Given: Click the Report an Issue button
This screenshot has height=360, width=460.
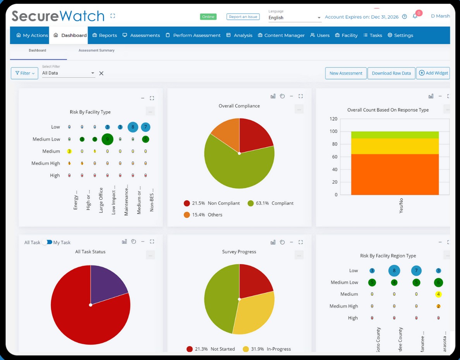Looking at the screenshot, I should pyautogui.click(x=243, y=17).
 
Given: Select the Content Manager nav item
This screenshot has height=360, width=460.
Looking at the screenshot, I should pyautogui.click(x=281, y=35).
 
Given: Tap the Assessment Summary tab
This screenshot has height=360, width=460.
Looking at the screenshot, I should pyautogui.click(x=96, y=50).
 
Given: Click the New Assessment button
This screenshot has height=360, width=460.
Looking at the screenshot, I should pyautogui.click(x=346, y=73).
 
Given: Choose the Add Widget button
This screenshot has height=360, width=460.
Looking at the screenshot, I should pyautogui.click(x=433, y=73).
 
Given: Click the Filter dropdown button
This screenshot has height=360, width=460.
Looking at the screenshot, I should pyautogui.click(x=24, y=73).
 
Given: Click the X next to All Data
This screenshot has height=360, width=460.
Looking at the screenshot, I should pyautogui.click(x=101, y=73).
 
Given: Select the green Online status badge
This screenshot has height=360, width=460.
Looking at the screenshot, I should pyautogui.click(x=208, y=17).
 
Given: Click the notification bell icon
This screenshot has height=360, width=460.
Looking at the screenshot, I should pyautogui.click(x=415, y=17).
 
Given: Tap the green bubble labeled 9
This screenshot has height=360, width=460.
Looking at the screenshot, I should pyautogui.click(x=107, y=139).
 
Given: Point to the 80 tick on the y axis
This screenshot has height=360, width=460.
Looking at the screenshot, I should pyautogui.click(x=334, y=144).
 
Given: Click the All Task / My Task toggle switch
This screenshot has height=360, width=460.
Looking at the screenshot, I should pyautogui.click(x=47, y=242).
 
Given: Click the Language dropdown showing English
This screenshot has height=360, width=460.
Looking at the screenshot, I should pyautogui.click(x=294, y=18).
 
